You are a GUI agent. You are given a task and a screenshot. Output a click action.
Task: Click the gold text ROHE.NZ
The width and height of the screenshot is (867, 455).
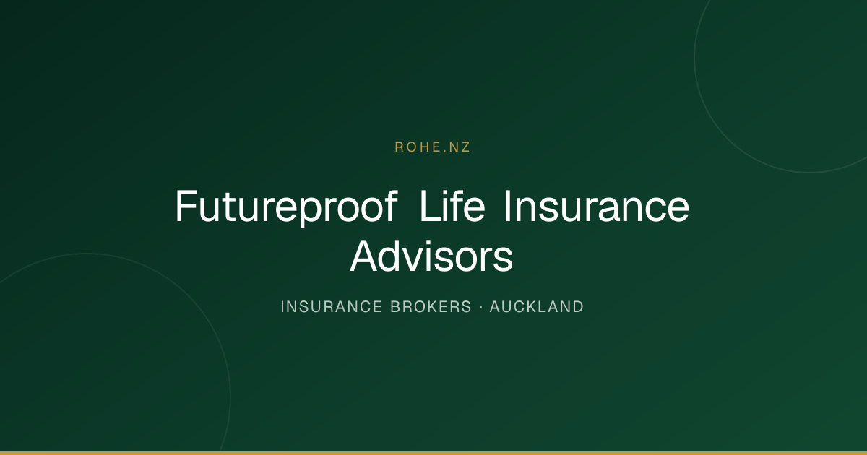coord(432,147)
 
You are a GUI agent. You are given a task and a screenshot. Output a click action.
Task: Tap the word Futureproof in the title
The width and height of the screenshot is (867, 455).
coord(286,207)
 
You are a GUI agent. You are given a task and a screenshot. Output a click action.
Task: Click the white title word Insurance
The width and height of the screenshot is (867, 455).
coord(597,206)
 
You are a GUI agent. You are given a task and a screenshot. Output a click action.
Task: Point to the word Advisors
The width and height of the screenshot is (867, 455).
coord(431,256)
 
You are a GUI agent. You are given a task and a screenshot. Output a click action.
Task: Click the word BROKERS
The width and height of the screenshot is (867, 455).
coord(431,307)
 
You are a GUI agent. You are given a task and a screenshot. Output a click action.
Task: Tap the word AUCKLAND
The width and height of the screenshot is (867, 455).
coord(536,307)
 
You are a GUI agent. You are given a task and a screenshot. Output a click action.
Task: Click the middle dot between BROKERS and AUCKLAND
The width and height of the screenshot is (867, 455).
coord(480,307)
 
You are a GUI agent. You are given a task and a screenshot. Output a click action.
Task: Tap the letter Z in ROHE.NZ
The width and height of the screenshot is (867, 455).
coord(465,147)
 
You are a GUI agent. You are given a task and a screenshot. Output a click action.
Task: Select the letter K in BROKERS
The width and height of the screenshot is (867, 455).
coord(431,307)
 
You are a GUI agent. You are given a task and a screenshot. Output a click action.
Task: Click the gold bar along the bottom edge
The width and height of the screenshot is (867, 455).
coord(433,453)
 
